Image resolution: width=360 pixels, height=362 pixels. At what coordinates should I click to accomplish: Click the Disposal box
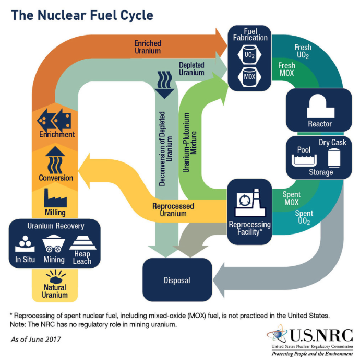tap(177, 280)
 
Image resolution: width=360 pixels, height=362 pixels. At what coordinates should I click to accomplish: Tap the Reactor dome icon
tap(320, 106)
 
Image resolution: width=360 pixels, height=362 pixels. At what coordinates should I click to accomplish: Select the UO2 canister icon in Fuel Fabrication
tap(249, 55)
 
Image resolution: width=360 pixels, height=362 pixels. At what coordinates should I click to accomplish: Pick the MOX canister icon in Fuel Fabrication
tap(249, 77)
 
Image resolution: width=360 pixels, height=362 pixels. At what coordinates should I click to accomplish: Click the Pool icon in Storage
tap(304, 160)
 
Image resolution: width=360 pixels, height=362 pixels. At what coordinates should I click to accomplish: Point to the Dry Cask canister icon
tap(334, 158)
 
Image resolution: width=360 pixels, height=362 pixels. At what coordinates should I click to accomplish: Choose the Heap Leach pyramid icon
tap(82, 243)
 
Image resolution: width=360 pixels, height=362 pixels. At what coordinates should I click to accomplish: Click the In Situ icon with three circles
tap(25, 243)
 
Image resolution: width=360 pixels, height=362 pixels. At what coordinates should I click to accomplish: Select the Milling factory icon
tap(55, 198)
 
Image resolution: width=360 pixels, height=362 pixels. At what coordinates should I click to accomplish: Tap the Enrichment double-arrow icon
tap(54, 120)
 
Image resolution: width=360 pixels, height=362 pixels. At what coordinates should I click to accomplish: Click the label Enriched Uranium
tap(148, 47)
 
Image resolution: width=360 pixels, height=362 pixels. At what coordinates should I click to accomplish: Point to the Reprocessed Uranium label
tap(173, 209)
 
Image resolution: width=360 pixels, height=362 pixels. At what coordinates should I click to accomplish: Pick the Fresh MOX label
tap(286, 69)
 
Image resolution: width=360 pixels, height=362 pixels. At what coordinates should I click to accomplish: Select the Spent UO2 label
tap(304, 217)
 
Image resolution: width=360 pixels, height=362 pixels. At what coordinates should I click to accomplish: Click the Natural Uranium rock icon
tap(55, 277)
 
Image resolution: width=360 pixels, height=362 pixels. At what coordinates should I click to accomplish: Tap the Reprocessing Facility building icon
tap(250, 203)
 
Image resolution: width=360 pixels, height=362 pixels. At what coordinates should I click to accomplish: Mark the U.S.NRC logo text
tap(321, 335)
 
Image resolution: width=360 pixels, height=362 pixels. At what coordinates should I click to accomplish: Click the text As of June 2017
tap(36, 340)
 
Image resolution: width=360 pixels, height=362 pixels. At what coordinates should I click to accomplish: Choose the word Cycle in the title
tap(137, 16)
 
